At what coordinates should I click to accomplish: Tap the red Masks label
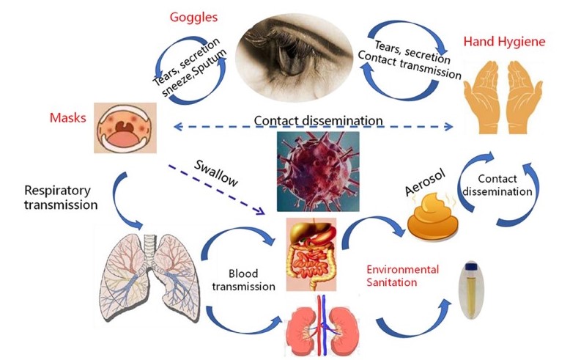[x=68, y=117]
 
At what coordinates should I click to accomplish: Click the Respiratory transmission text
[x=50, y=198]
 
